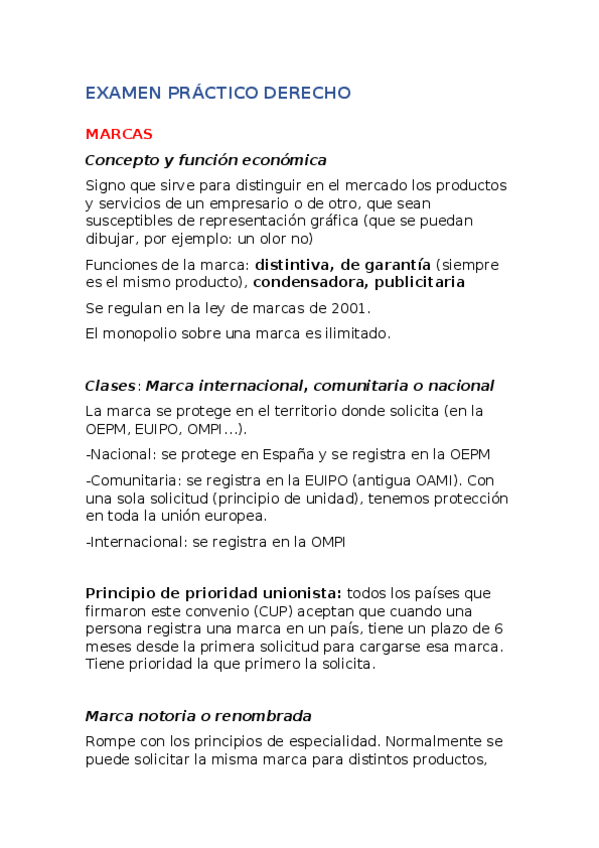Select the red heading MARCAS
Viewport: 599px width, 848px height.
(x=119, y=134)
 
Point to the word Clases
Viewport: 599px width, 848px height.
(x=109, y=386)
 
